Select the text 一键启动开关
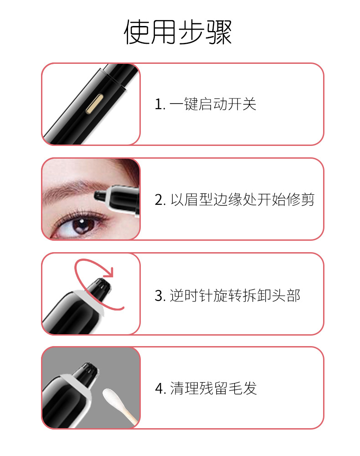(x=213, y=104)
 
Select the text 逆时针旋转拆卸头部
(x=235, y=295)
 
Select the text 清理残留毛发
(x=213, y=389)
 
